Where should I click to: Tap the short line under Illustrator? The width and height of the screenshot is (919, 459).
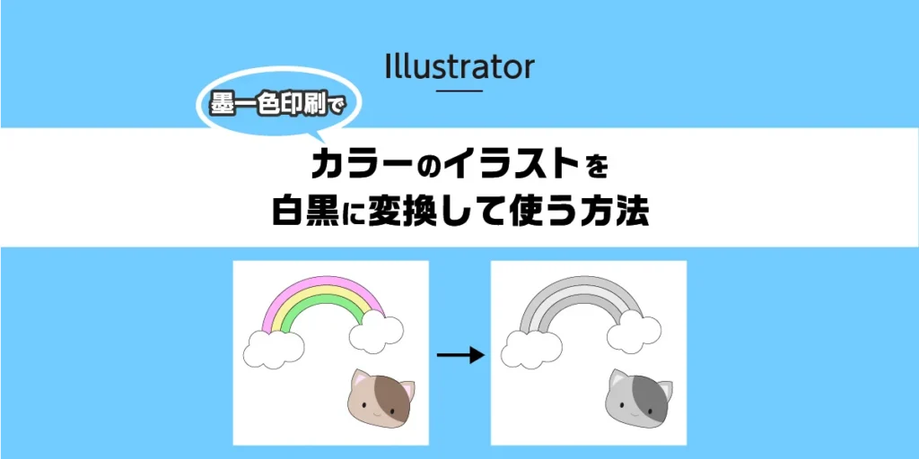[459, 90]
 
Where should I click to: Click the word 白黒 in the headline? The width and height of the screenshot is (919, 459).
[304, 213]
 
